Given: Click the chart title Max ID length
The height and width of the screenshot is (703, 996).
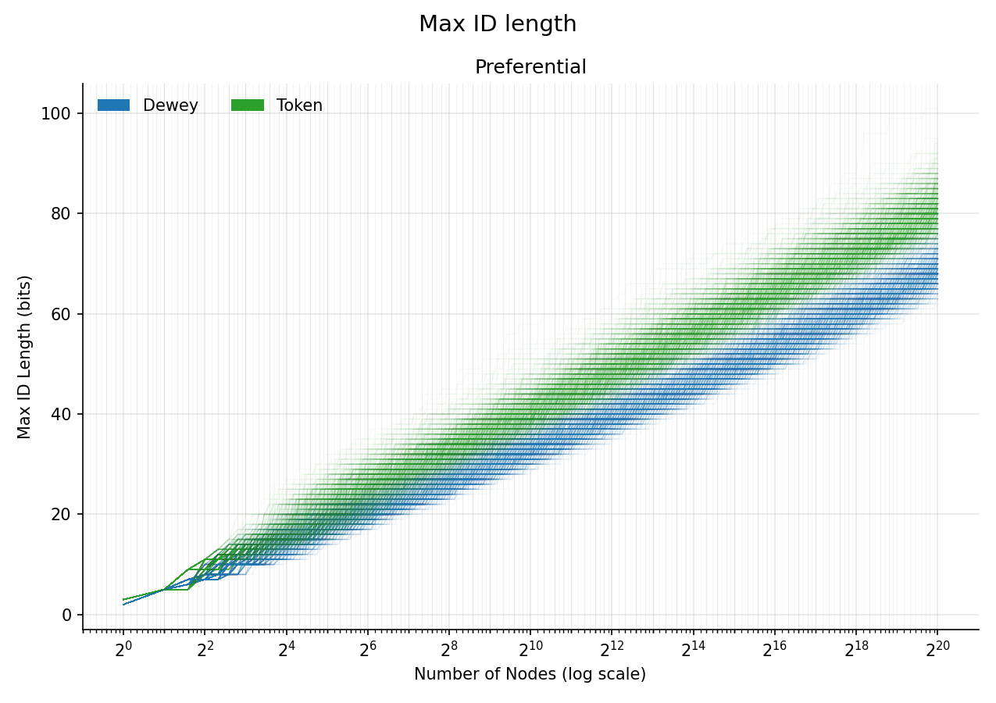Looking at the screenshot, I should pyautogui.click(x=498, y=24).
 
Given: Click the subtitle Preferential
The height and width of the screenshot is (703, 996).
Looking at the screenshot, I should pyautogui.click(x=530, y=67).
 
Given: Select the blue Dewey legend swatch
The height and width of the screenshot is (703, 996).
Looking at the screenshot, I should pyautogui.click(x=113, y=105).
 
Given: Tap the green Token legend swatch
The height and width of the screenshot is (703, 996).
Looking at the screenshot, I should pyautogui.click(x=248, y=105).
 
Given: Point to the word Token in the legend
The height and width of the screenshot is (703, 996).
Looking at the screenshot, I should pyautogui.click(x=299, y=105).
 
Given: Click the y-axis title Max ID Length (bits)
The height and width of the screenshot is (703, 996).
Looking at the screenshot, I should pyautogui.click(x=25, y=357).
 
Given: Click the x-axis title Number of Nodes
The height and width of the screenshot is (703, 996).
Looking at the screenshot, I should pyautogui.click(x=530, y=674).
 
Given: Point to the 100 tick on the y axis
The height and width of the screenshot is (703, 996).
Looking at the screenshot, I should pyautogui.click(x=56, y=113).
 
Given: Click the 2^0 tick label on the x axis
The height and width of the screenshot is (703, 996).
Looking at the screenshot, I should pyautogui.click(x=123, y=650).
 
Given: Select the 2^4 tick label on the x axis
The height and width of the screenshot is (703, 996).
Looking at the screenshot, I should pyautogui.click(x=286, y=650).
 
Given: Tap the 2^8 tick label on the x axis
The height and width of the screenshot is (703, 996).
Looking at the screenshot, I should pyautogui.click(x=449, y=650).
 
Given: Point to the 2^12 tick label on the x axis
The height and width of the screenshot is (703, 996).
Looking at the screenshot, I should pyautogui.click(x=612, y=650).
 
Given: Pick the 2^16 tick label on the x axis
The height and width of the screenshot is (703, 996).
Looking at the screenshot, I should pyautogui.click(x=774, y=650).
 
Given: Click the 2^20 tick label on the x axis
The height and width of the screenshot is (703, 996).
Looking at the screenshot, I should pyautogui.click(x=937, y=650).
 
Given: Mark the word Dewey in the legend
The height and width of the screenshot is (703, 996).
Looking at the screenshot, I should pyautogui.click(x=170, y=105).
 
